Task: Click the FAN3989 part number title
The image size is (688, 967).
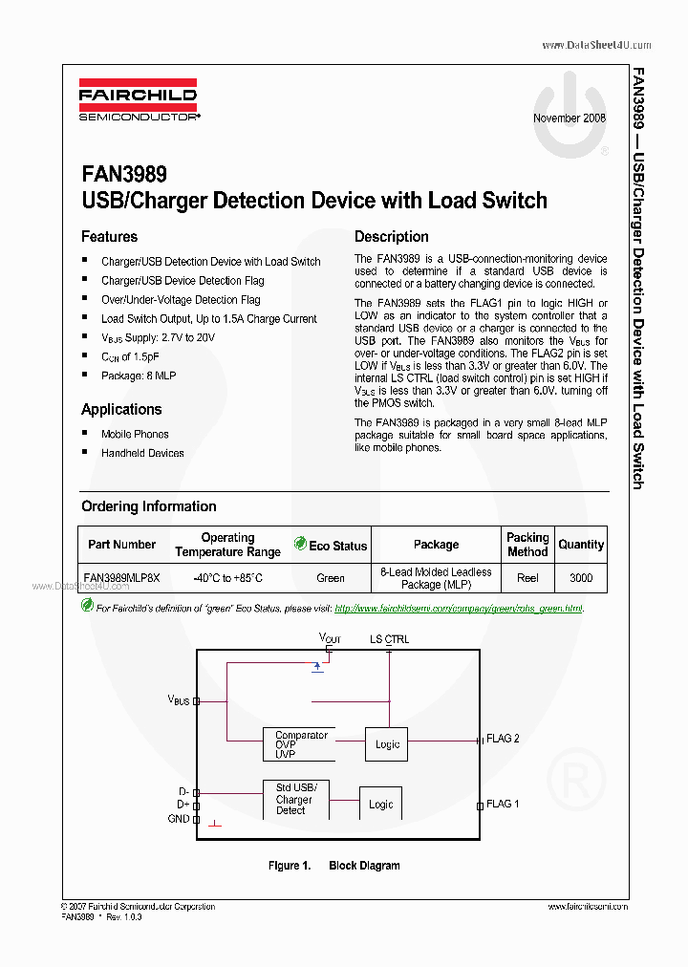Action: [124, 175]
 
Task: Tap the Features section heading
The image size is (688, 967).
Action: [109, 237]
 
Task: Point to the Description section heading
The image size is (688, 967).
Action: [392, 237]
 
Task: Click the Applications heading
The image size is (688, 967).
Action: [121, 409]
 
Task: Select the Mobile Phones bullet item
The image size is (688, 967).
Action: [135, 434]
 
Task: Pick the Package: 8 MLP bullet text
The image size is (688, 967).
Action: [139, 376]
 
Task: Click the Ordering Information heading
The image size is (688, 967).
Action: [148, 506]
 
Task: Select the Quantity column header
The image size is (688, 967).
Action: [581, 545]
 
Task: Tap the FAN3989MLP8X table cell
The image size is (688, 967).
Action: [121, 577]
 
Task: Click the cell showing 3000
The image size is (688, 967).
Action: [581, 577]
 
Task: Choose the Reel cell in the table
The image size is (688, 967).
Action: [527, 577]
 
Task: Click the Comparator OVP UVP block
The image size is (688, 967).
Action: [301, 744]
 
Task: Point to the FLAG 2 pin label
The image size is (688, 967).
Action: [503, 739]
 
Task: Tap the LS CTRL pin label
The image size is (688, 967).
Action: [389, 639]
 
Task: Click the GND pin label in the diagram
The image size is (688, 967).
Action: [179, 819]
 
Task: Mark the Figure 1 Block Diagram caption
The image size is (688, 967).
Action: [333, 866]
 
